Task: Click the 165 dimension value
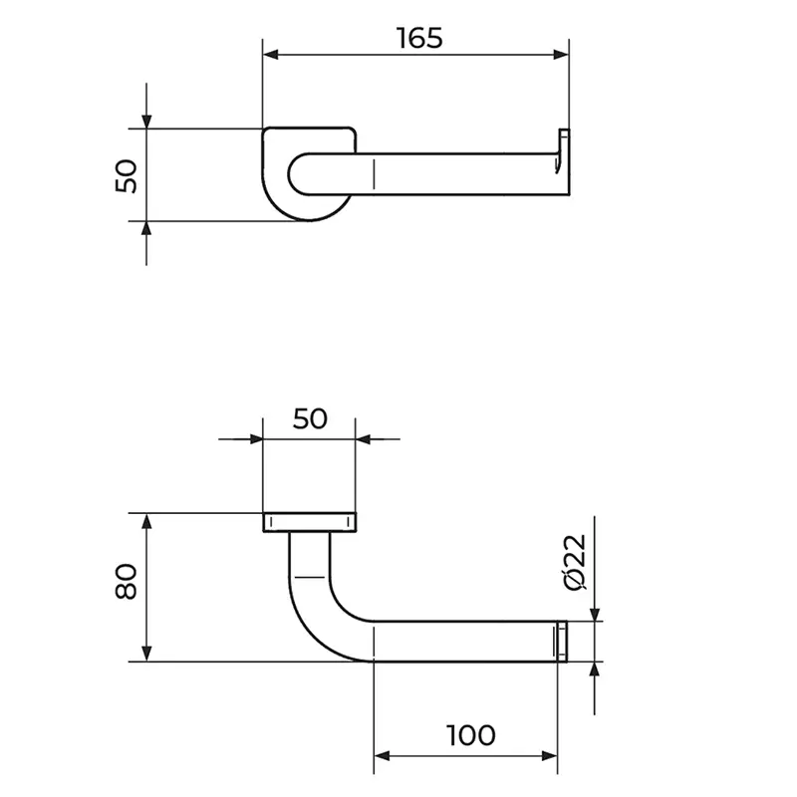pyautogui.click(x=419, y=38)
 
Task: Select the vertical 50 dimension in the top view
pyautogui.click(x=127, y=176)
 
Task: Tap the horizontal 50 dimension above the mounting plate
pyautogui.click(x=310, y=418)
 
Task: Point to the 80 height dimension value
pyautogui.click(x=127, y=581)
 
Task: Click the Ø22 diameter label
pyautogui.click(x=576, y=562)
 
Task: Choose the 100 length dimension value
pyautogui.click(x=470, y=735)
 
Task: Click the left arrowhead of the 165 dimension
pyautogui.click(x=271, y=55)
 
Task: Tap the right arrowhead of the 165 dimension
pyautogui.click(x=561, y=55)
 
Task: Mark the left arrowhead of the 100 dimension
pyautogui.click(x=382, y=756)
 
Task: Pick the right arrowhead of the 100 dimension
pyautogui.click(x=550, y=756)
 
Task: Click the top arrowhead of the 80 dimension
pyautogui.click(x=146, y=521)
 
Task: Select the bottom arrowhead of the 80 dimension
pyautogui.click(x=146, y=654)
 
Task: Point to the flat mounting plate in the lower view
pyautogui.click(x=310, y=522)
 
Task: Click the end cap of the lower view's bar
pyautogui.click(x=562, y=642)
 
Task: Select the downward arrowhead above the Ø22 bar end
pyautogui.click(x=595, y=614)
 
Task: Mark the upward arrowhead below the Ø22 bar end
pyautogui.click(x=595, y=669)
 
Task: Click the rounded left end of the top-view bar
pyautogui.click(x=298, y=173)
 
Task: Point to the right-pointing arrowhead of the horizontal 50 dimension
pyautogui.click(x=256, y=438)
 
